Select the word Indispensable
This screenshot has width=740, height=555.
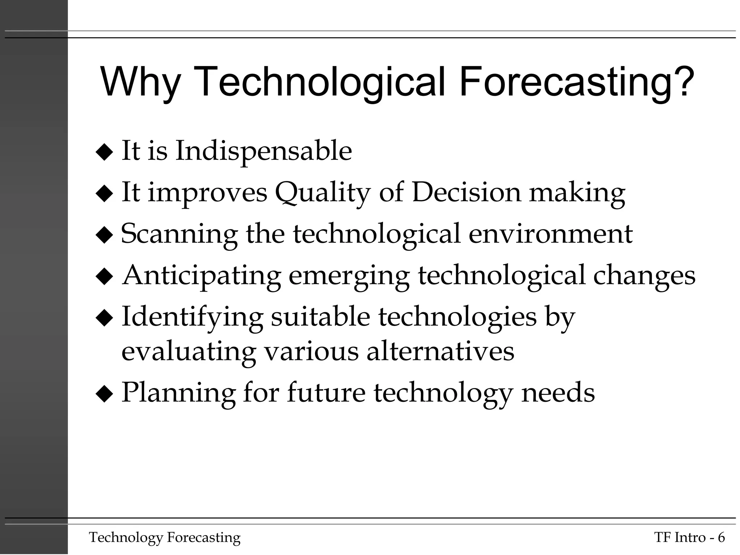(263, 151)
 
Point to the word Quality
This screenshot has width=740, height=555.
(323, 193)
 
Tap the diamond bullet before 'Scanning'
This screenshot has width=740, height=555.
(104, 236)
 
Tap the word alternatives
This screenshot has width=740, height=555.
(440, 351)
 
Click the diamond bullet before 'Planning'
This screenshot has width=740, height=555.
(104, 394)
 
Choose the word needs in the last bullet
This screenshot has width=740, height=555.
(558, 393)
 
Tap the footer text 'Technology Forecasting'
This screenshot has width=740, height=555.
(165, 538)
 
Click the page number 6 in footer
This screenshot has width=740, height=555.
(721, 538)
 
